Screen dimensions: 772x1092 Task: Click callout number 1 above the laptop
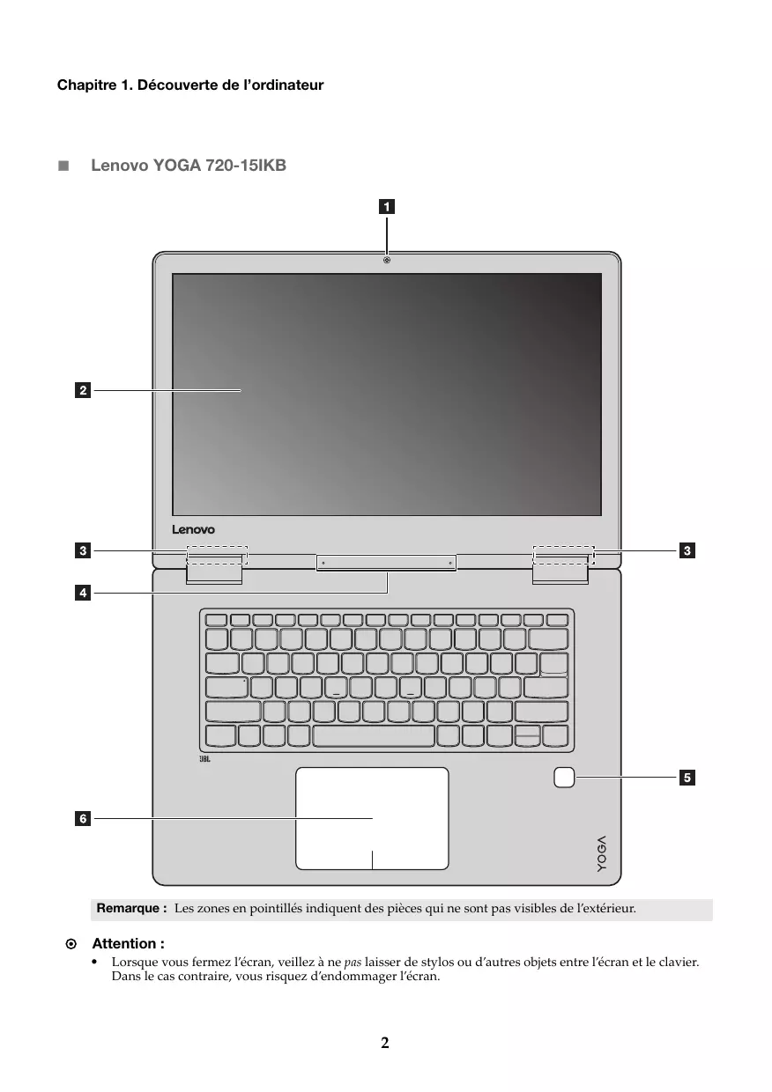point(387,208)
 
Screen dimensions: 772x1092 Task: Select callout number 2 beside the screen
point(82,388)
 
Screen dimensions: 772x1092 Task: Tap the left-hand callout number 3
point(82,551)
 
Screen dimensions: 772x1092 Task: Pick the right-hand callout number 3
point(687,551)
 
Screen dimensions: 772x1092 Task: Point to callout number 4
point(82,594)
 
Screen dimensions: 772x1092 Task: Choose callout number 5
point(687,777)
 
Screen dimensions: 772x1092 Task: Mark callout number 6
point(82,819)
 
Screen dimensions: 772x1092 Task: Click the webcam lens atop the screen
point(387,260)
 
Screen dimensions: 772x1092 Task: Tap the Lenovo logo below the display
point(193,530)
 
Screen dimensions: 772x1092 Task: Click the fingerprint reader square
point(565,777)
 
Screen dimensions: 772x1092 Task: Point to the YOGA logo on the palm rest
point(601,852)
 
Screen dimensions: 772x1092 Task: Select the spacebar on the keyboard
point(373,735)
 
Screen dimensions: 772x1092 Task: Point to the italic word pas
point(353,963)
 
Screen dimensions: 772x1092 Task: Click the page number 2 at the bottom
point(385,1044)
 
